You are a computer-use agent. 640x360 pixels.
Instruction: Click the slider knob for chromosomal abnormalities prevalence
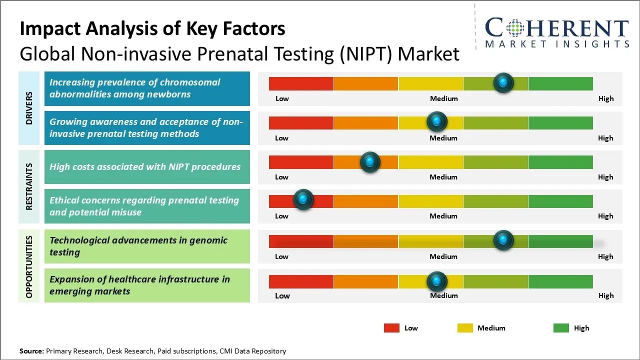[503, 82]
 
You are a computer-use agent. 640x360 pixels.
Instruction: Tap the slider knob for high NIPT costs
[370, 162]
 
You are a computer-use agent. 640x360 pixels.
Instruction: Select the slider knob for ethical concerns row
[302, 199]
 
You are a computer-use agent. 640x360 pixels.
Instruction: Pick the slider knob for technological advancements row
[503, 240]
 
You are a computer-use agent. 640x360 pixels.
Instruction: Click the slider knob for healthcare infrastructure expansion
[436, 281]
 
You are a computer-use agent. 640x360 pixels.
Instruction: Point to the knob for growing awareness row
[436, 121]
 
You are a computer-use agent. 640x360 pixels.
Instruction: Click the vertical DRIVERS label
[29, 108]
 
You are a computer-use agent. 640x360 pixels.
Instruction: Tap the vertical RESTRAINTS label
[29, 186]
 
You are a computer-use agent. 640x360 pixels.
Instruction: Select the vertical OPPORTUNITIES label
[29, 266]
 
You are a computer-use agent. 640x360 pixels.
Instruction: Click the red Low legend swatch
[391, 328]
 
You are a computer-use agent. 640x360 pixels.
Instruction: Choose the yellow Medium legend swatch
[465, 328]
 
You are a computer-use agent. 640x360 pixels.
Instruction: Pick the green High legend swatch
[561, 328]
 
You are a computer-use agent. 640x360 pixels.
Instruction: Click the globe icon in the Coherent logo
[515, 28]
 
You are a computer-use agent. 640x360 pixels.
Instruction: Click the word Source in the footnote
[31, 351]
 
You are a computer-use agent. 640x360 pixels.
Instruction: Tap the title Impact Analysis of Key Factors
[152, 28]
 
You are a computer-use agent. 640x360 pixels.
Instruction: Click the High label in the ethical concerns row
[605, 216]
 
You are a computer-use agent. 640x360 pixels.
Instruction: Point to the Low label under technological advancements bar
[281, 256]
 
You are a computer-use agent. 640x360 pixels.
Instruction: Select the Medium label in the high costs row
[443, 177]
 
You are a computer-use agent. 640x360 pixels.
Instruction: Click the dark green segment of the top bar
[560, 83]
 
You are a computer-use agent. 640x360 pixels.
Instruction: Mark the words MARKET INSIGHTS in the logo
[557, 44]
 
